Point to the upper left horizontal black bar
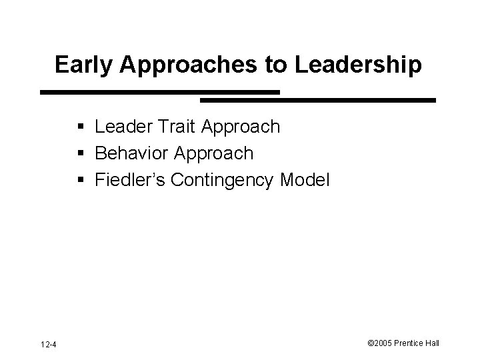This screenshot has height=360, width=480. pos(159,92)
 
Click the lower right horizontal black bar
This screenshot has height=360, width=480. pos(318,100)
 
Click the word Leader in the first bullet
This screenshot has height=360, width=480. pos(124,126)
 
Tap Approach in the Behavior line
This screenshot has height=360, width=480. pos(214,154)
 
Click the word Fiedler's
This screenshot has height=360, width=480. pos(129,180)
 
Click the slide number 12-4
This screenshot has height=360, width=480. pos(48,344)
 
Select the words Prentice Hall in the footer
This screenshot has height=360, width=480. pos(423,343)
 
